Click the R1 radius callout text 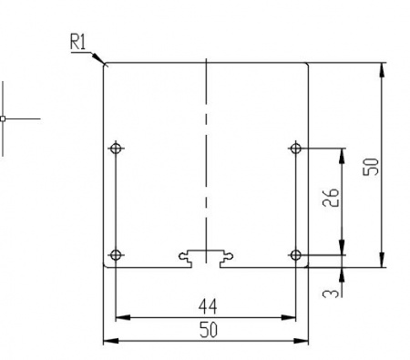pyautogui.click(x=79, y=42)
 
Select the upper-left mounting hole pyautogui.click(x=115, y=148)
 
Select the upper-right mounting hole pyautogui.click(x=295, y=148)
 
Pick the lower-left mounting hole pyautogui.click(x=115, y=254)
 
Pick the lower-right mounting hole pyautogui.click(x=295, y=254)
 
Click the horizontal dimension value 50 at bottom pyautogui.click(x=208, y=330)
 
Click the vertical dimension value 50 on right pyautogui.click(x=371, y=167)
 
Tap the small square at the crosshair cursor pyautogui.click(x=3, y=118)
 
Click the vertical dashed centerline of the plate pyautogui.click(x=207, y=137)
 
